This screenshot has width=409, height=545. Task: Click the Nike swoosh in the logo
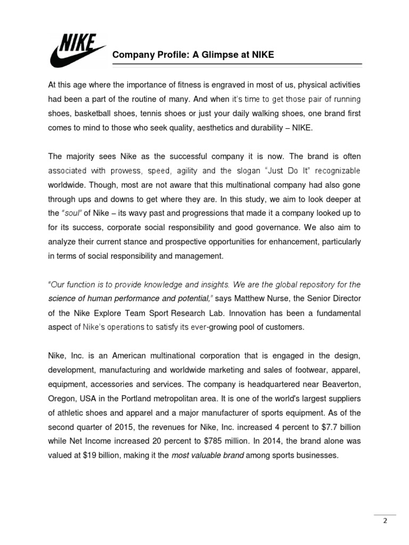[69, 56]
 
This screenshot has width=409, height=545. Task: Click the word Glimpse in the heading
[200, 54]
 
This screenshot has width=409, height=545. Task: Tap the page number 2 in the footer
[385, 521]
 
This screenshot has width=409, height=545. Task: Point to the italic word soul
[71, 213]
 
